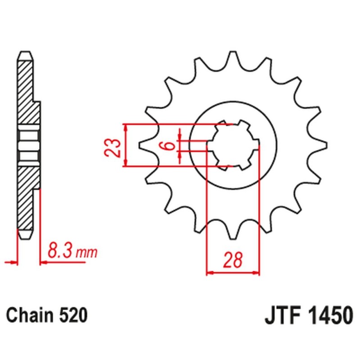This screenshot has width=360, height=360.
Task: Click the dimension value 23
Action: tap(115, 148)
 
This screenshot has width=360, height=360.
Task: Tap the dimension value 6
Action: tap(168, 145)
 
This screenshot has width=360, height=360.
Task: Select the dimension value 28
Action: tap(233, 261)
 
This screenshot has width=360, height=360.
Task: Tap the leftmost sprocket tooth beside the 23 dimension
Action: tap(143, 144)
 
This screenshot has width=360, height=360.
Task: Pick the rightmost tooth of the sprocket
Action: tap(322, 145)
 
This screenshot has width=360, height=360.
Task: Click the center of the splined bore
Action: tap(233, 145)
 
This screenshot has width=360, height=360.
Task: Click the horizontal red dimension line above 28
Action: tap(233, 272)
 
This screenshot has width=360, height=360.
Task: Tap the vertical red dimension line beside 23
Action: tap(126, 145)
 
